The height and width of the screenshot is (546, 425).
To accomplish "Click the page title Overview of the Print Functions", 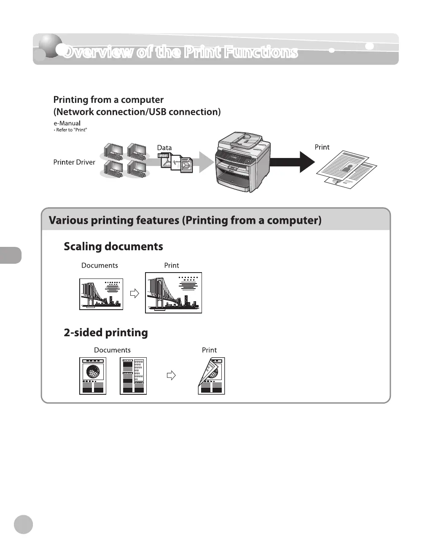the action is [180, 52].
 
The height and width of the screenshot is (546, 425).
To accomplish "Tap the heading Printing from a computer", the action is [108, 100].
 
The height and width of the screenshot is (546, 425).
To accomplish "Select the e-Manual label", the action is [67, 123].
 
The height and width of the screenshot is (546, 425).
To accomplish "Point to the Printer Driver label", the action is [74, 162].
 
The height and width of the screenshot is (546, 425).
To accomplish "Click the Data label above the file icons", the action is [164, 147].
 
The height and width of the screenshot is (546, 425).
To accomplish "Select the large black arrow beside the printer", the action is [292, 162].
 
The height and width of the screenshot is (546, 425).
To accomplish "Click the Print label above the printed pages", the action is [322, 147].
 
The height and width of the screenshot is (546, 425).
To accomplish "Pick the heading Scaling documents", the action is [113, 246].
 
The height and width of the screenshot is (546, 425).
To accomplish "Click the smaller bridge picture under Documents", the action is [101, 294].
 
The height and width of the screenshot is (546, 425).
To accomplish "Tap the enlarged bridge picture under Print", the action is [173, 292].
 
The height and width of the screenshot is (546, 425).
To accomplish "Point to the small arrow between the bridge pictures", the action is [134, 293].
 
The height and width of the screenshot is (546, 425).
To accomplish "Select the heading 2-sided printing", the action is [106, 332].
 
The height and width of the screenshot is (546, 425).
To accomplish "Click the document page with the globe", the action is [93, 376].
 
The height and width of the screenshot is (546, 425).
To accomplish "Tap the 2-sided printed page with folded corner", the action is [211, 376].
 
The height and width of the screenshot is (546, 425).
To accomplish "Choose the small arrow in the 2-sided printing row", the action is [171, 375].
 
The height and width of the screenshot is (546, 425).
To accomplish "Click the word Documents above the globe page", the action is [112, 350].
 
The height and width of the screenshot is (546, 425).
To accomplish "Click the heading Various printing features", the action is [185, 220].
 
